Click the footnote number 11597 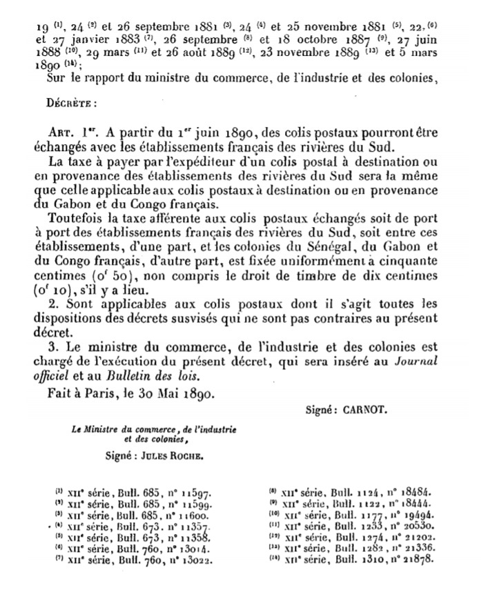click(x=186, y=495)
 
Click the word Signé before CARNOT click(x=320, y=408)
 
